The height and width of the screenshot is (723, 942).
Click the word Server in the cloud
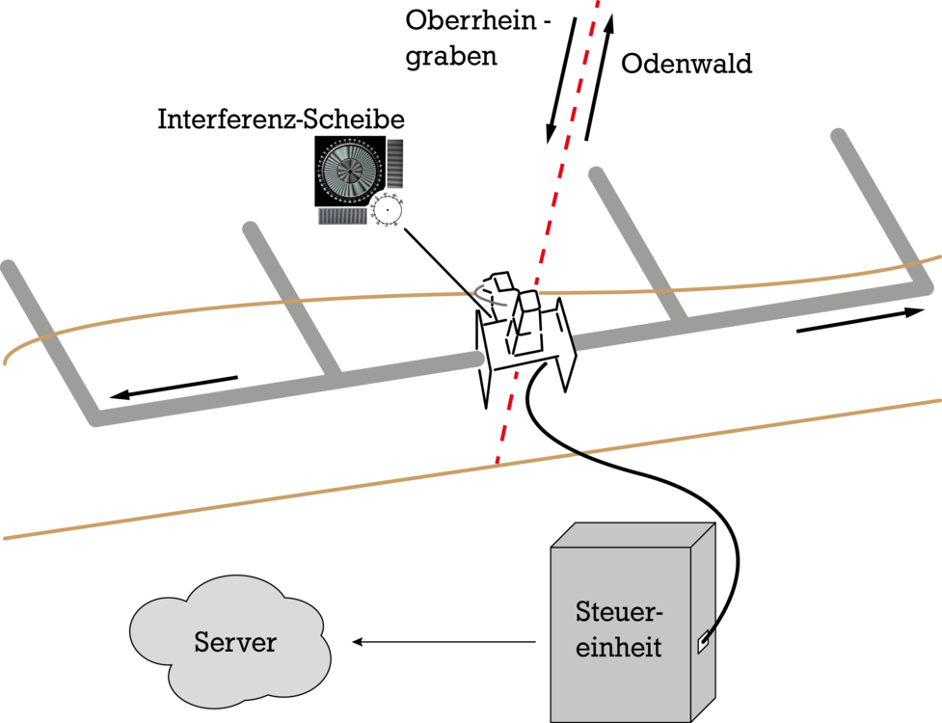click(x=235, y=642)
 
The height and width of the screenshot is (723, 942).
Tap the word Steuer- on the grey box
click(x=619, y=612)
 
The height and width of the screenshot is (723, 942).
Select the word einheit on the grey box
click(x=619, y=647)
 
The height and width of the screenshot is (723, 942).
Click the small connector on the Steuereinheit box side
click(x=706, y=641)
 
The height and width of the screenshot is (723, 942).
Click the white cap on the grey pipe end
click(x=566, y=342)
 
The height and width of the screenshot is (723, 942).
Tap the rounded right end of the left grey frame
click(x=476, y=359)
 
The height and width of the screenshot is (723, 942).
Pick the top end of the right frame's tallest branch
click(x=838, y=136)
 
